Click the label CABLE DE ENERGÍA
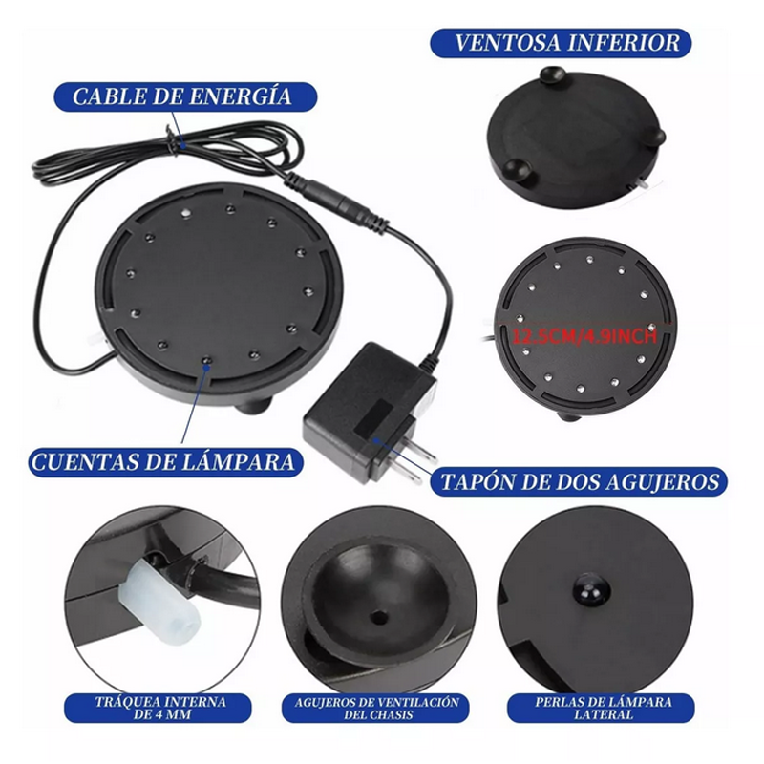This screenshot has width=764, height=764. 181,96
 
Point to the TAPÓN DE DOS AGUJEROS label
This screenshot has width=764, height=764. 580,481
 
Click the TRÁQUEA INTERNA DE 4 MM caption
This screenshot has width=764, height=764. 160,708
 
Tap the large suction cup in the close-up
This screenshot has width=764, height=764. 377,592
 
